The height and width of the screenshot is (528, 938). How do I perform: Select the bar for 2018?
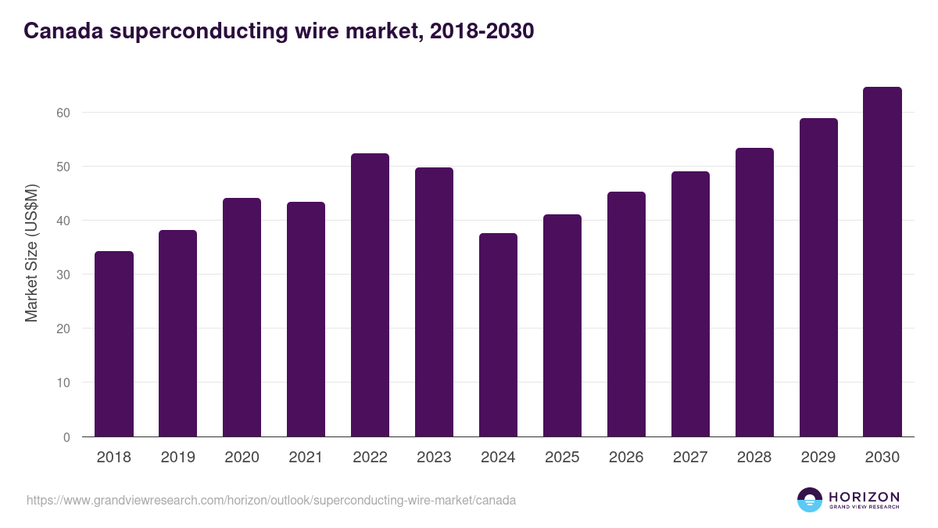click(114, 344)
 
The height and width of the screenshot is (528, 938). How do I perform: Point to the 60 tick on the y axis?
click(63, 113)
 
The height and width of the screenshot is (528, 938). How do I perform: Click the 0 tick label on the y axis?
click(66, 437)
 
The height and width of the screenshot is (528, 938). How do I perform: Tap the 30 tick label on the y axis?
click(63, 275)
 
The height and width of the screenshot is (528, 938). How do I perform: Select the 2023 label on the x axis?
click(434, 458)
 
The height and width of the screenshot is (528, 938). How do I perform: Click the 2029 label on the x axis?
click(818, 458)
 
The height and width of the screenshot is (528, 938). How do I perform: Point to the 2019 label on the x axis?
click(177, 458)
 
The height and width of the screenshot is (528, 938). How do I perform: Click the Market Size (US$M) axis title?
click(31, 252)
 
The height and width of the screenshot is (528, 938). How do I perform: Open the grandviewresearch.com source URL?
click(271, 500)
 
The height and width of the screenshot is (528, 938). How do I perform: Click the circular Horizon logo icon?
click(810, 500)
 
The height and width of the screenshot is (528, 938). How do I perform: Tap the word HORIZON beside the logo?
click(864, 496)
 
